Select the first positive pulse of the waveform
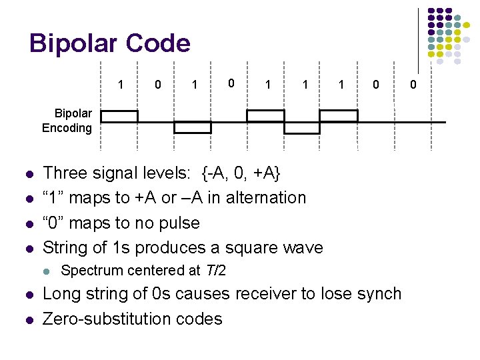pos(119,116)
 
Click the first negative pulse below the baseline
pos(193,127)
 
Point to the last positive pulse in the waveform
pos(339,116)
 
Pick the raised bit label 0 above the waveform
pos(231,83)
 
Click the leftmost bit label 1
pos(121,85)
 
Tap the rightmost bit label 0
pos(413,85)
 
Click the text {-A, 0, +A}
pos(241,173)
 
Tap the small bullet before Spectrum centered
pos(45,271)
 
